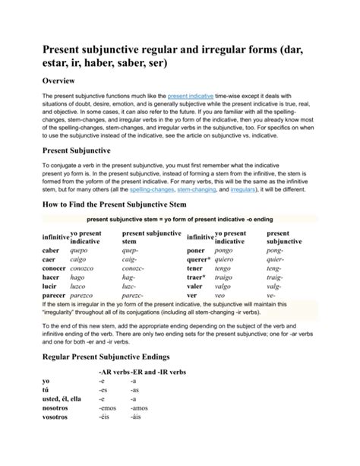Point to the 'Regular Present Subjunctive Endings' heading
[117, 356]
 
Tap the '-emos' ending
[106, 407]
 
